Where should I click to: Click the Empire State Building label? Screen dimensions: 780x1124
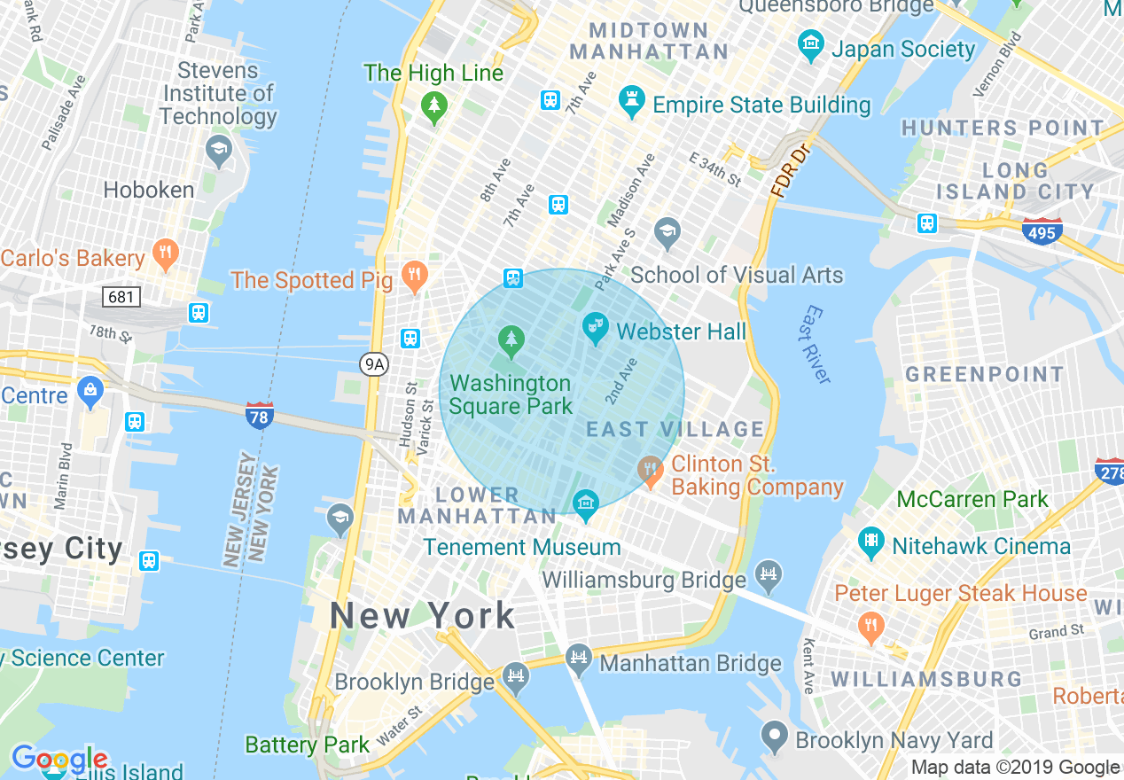(x=761, y=105)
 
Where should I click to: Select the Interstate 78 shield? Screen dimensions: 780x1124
(x=260, y=415)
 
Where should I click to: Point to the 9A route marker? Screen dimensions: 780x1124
(x=375, y=363)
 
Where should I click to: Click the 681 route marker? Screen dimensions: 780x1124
(x=121, y=297)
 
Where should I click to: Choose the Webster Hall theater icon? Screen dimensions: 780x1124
(x=595, y=330)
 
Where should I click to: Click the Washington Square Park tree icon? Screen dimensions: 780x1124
(x=510, y=339)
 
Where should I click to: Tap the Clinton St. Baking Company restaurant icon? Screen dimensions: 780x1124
(x=651, y=470)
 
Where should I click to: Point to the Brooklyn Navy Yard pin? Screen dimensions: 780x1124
(x=775, y=736)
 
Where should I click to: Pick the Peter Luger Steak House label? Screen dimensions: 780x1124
(x=961, y=593)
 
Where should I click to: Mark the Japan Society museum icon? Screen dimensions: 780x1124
(x=810, y=44)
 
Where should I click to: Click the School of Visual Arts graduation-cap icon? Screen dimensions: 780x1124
(x=667, y=233)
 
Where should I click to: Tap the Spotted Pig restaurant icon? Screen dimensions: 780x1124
(x=414, y=277)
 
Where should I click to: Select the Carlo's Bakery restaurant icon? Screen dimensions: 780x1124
(x=165, y=254)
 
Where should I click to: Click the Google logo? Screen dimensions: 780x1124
(x=59, y=760)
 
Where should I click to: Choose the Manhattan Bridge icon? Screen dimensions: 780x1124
(x=578, y=659)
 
